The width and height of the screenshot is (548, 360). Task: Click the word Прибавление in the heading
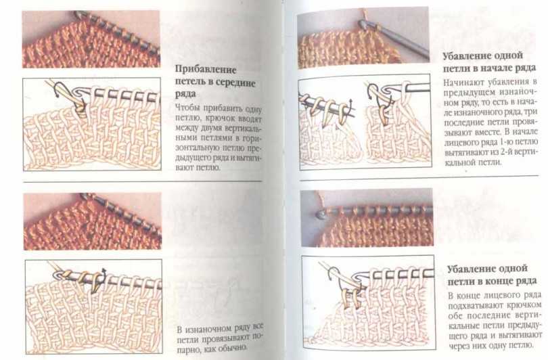click(x=206, y=70)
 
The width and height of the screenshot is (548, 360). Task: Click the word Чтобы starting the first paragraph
click(x=185, y=107)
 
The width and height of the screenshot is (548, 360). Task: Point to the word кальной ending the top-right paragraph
click(x=459, y=162)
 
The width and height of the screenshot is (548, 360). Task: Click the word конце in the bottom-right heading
click(x=503, y=281)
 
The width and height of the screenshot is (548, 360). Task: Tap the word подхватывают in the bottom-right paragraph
click(x=476, y=305)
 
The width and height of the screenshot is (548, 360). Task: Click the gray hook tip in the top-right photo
click(x=363, y=24)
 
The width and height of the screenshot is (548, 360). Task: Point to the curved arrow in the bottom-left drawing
click(x=104, y=273)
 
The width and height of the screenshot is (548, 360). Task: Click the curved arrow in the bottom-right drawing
click(x=333, y=273)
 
